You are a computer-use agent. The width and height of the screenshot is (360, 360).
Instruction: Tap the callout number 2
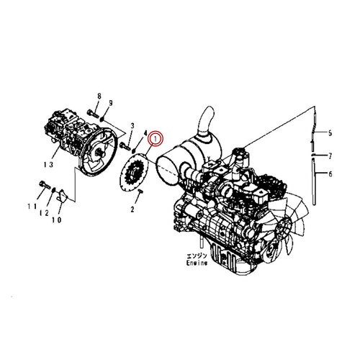click(132, 210)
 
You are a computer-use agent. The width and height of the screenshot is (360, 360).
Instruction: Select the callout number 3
click(132, 127)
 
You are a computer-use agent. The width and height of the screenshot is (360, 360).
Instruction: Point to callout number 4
click(146, 133)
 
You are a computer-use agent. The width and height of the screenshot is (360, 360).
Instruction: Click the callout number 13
click(48, 165)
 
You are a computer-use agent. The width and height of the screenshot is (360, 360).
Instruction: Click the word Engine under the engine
click(195, 264)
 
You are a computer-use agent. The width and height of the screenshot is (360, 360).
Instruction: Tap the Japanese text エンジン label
click(195, 256)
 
